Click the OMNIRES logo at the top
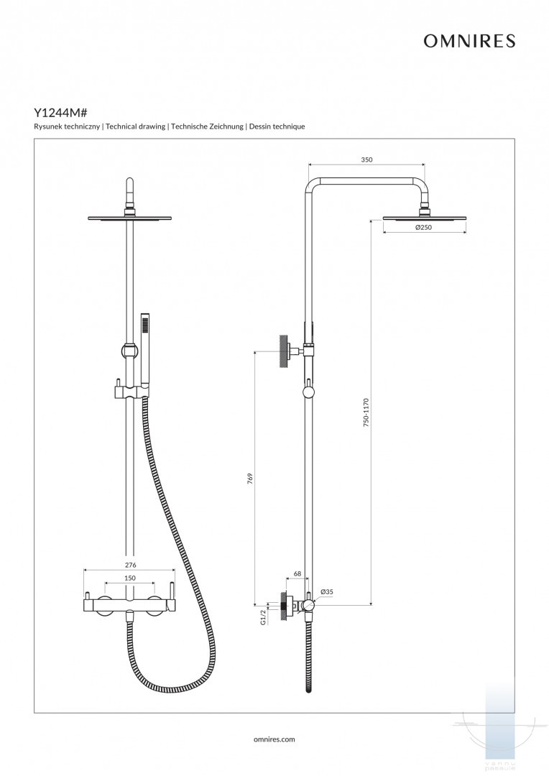tap(469, 42)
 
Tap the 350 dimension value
tap(366, 160)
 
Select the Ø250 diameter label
tap(425, 228)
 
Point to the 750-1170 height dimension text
tap(366, 413)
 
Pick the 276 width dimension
tap(129, 565)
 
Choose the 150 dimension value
tap(129, 578)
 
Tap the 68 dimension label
tap(297, 574)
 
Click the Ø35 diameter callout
tap(326, 592)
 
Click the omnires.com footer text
tap(274, 739)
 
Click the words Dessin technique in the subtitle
tap(277, 126)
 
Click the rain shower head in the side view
tap(424, 216)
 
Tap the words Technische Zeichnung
tap(208, 126)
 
